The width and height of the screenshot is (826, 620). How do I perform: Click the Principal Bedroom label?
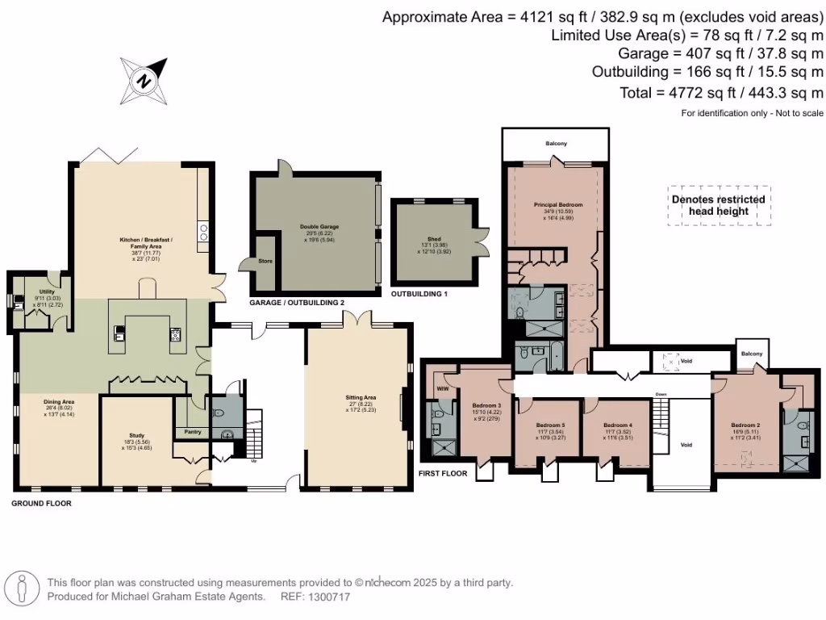point(557,205)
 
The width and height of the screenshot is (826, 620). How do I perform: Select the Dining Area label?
point(59,401)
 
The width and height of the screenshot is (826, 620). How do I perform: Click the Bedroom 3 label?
point(486,405)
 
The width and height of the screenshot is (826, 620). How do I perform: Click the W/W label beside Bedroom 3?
point(441,389)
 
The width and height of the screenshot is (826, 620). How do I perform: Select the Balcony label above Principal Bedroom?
point(556,144)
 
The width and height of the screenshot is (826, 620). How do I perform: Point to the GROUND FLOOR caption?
point(41,503)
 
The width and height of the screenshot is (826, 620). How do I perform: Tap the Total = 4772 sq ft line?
point(721,93)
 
